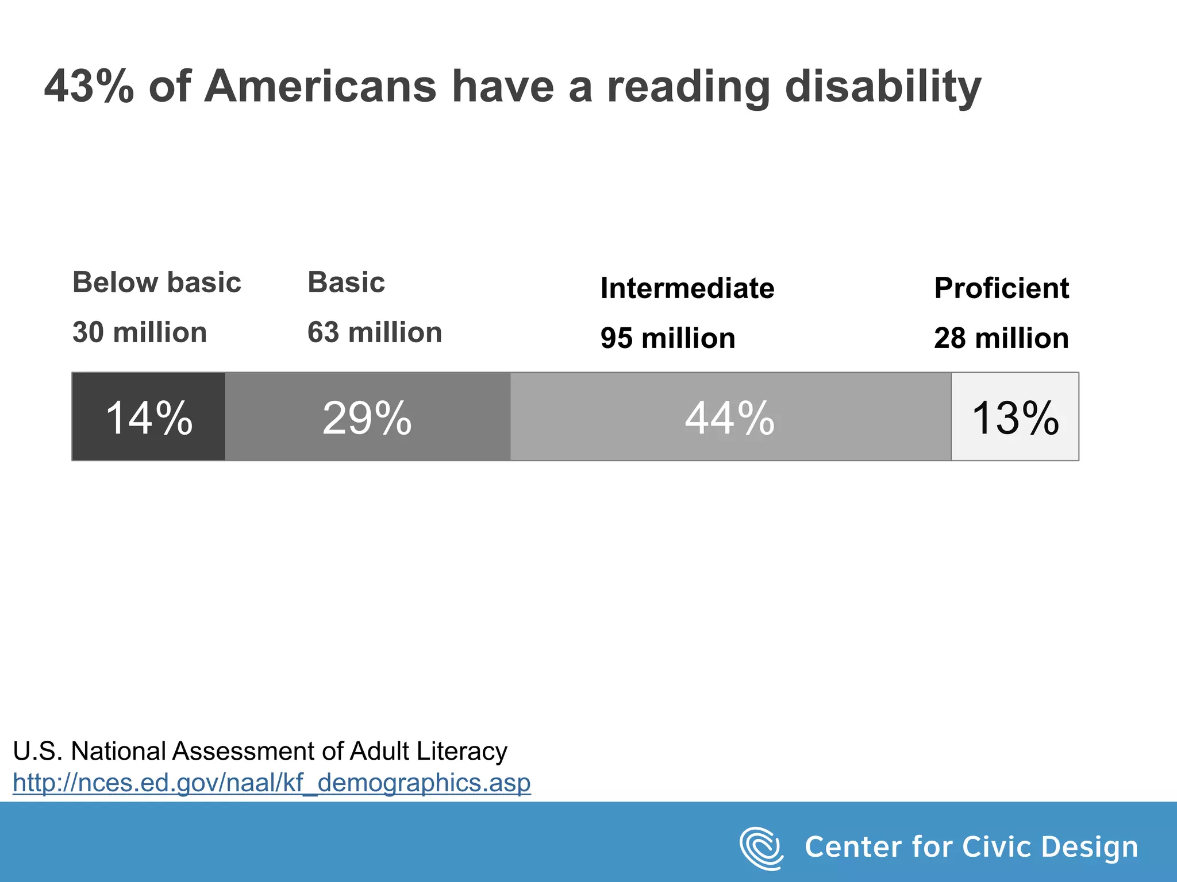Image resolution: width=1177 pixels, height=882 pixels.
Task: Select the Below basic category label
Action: click(156, 283)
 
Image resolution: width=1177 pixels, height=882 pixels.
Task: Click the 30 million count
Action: click(140, 332)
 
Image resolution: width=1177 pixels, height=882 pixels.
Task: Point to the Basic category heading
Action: click(346, 283)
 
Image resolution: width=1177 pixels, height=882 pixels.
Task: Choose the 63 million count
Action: click(375, 332)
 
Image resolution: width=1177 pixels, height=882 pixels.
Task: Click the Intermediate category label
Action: click(687, 288)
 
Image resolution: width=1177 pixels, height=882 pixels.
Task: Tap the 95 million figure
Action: click(668, 338)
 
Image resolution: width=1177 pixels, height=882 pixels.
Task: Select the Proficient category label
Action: click(1001, 288)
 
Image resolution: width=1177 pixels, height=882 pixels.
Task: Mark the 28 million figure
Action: click(1001, 338)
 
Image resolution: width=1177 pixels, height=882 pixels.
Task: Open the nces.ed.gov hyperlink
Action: click(271, 783)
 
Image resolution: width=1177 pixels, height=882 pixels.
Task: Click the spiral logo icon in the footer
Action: click(761, 848)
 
